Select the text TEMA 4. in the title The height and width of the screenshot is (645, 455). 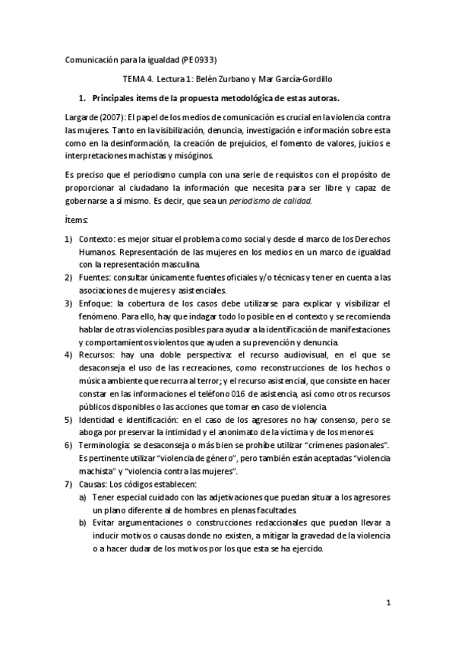[x=137, y=78]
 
